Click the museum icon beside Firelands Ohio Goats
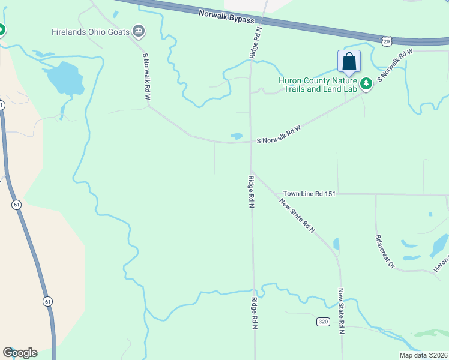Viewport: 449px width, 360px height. pyautogui.click(x=139, y=31)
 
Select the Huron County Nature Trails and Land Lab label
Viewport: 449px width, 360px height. pyautogui.click(x=318, y=85)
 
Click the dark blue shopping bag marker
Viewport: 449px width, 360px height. pyautogui.click(x=349, y=63)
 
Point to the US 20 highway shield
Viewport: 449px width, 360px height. pyautogui.click(x=385, y=40)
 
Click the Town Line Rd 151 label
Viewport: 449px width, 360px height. pyautogui.click(x=309, y=194)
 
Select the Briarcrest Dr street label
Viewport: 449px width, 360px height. pyautogui.click(x=384, y=251)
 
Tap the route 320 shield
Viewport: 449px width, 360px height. pyautogui.click(x=323, y=322)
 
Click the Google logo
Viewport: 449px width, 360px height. pyautogui.click(x=20, y=353)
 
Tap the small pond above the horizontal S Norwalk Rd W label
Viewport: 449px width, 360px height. pyautogui.click(x=237, y=136)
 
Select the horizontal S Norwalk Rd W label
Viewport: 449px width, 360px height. pyautogui.click(x=279, y=141)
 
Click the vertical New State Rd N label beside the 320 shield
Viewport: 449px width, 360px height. pyautogui.click(x=340, y=310)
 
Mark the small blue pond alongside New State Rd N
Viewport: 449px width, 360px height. pyautogui.click(x=336, y=243)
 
